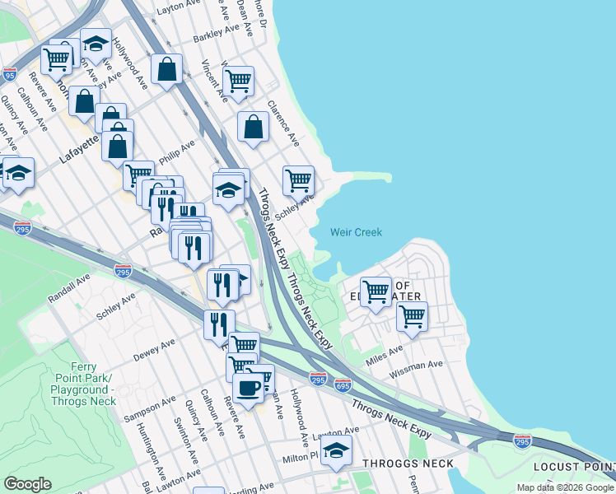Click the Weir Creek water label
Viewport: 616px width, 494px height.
click(356, 232)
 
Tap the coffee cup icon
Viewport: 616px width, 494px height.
click(248, 385)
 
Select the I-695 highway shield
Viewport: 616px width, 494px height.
click(343, 384)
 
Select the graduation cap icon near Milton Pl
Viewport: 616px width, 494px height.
click(336, 450)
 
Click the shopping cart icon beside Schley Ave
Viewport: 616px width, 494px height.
click(298, 179)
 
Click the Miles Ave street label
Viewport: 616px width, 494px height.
click(385, 355)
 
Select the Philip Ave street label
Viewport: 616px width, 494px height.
click(177, 151)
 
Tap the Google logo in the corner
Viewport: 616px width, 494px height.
click(27, 484)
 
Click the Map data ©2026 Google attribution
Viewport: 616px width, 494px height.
click(564, 487)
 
